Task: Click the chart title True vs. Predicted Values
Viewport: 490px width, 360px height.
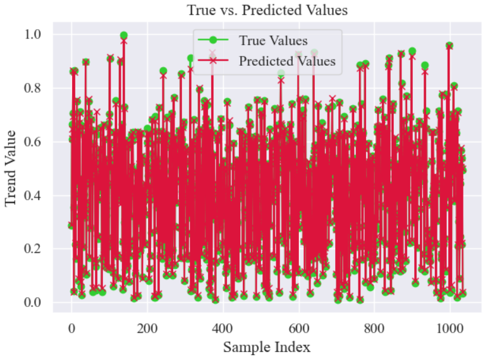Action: tap(267, 10)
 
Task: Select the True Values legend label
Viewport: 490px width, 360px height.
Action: tap(273, 41)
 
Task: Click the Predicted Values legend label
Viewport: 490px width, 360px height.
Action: tap(286, 61)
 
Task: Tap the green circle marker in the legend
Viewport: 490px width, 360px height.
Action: tap(213, 41)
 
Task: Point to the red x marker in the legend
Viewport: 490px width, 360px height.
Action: tap(213, 61)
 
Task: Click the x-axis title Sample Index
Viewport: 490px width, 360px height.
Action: tap(266, 347)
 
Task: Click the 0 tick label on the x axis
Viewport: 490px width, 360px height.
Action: tap(71, 327)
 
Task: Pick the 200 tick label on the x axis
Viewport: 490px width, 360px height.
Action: tap(147, 327)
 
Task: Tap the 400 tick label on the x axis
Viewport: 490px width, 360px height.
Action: tap(223, 327)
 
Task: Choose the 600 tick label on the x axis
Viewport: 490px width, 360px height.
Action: tap(298, 327)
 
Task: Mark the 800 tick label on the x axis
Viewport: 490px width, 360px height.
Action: tap(374, 327)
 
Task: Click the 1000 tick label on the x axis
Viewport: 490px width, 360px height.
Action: tap(450, 327)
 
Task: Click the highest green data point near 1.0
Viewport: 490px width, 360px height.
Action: tap(124, 35)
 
